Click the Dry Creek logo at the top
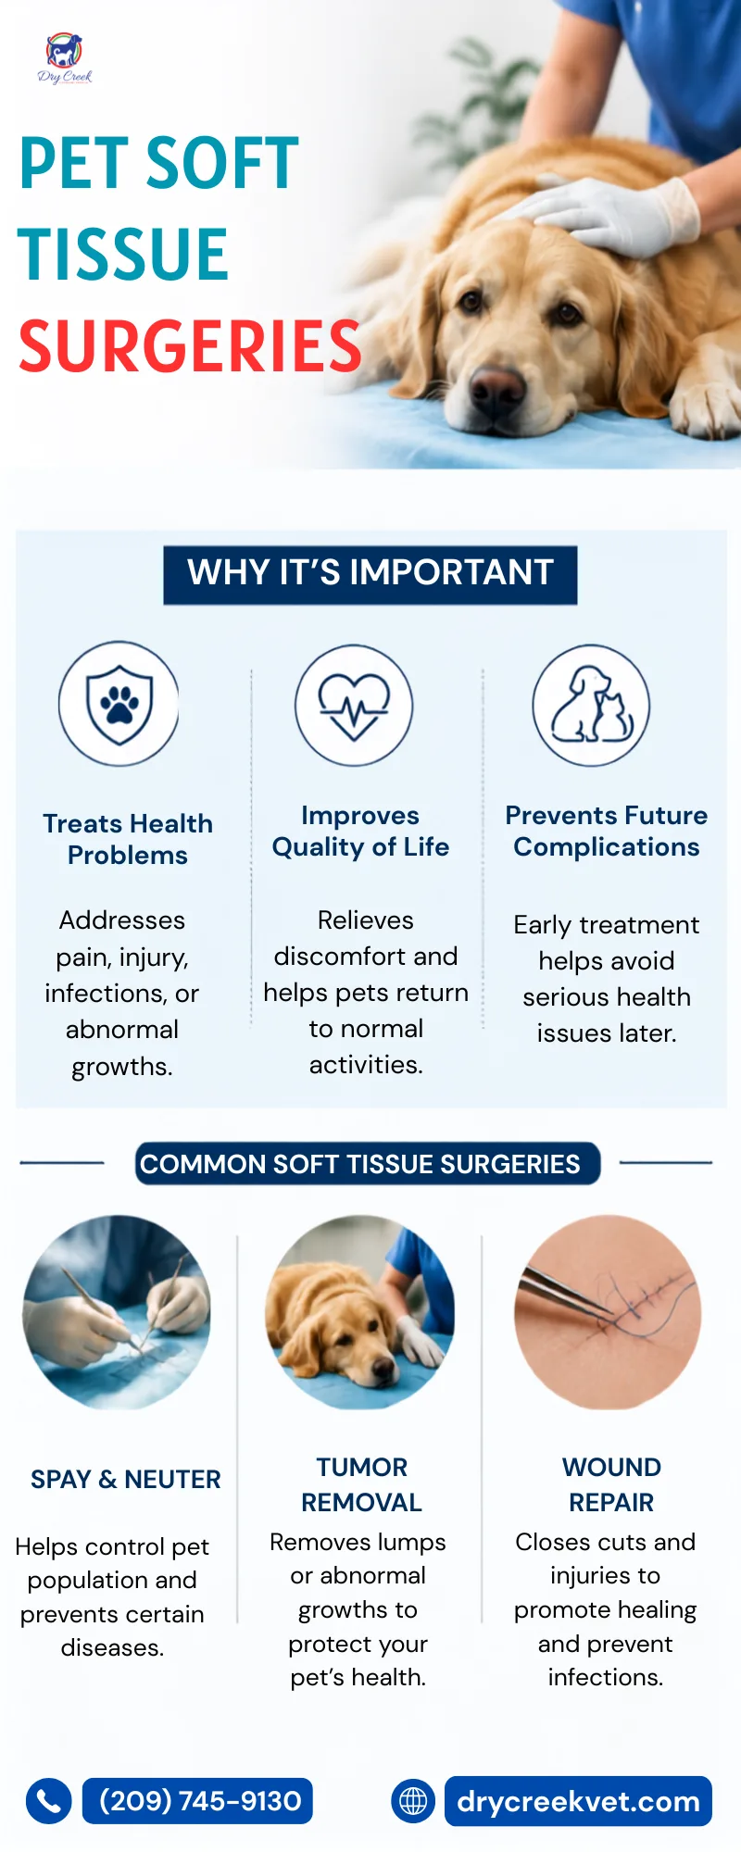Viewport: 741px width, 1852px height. click(65, 59)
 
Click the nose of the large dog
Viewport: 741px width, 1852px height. click(497, 387)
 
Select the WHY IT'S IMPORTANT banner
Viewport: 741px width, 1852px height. click(370, 574)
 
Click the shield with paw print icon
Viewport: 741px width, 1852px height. click(119, 704)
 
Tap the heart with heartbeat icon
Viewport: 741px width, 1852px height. click(354, 706)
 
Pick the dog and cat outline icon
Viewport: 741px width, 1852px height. click(591, 706)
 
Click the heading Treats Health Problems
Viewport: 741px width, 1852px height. click(128, 839)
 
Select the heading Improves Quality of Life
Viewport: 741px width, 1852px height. click(360, 831)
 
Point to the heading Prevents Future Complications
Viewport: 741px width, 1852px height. click(607, 831)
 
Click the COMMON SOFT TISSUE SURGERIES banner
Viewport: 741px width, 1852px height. click(368, 1163)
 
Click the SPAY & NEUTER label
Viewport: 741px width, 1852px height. click(126, 1480)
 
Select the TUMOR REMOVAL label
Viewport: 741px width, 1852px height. click(361, 1484)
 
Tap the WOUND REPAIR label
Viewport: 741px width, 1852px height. click(611, 1484)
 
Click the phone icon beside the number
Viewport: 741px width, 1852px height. click(49, 1801)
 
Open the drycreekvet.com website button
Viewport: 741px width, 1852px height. click(578, 1801)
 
